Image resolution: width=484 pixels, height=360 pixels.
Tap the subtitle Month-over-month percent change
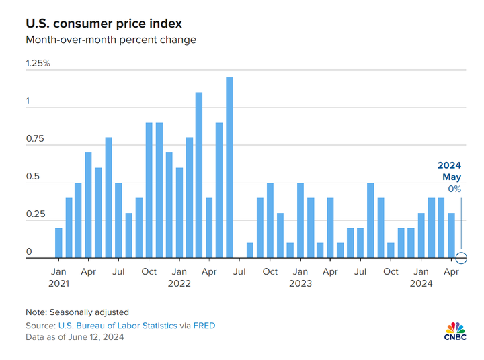[111, 40]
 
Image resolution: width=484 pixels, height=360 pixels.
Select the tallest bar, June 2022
[229, 168]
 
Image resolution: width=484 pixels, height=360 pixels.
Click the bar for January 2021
[58, 243]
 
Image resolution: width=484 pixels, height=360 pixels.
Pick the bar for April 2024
[452, 236]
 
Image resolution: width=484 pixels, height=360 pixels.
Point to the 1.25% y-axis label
[38, 64]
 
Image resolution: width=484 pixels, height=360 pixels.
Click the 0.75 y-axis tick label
[35, 139]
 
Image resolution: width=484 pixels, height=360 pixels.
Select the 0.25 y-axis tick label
[35, 214]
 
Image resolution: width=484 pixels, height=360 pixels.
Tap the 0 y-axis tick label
[29, 252]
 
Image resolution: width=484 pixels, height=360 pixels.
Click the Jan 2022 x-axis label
[179, 277]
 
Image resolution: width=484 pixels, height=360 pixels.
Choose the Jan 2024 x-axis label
[421, 277]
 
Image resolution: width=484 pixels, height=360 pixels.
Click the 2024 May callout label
[449, 171]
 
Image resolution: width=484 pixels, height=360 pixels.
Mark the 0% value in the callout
[454, 189]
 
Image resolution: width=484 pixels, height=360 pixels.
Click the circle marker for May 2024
[461, 258]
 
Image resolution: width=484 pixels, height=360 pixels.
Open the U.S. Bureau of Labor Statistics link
[118, 326]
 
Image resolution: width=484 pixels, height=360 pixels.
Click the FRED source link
[204, 326]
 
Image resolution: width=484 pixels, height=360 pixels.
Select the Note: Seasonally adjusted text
[77, 312]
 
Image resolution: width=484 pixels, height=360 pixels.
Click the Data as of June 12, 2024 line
[75, 336]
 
